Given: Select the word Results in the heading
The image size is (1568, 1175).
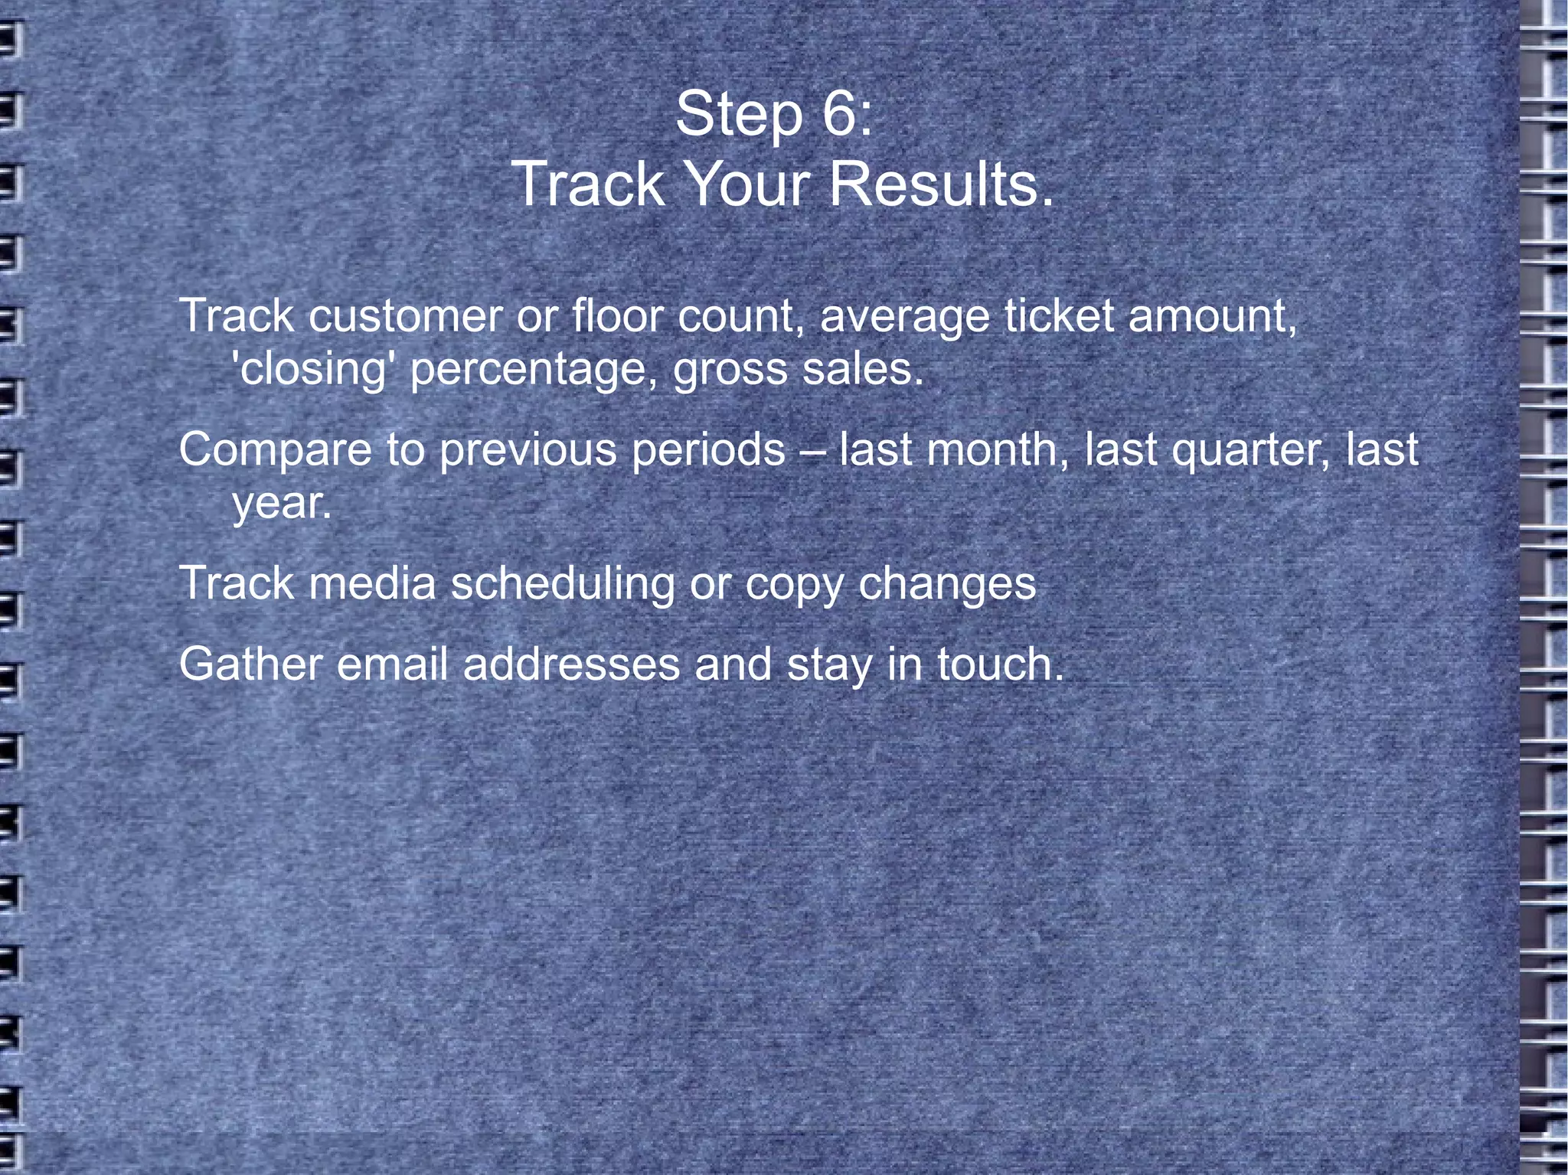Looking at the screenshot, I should coord(941,184).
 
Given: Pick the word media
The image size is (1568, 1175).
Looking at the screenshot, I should coord(372,583).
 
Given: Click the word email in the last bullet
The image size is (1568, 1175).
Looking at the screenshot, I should coord(392,664).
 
